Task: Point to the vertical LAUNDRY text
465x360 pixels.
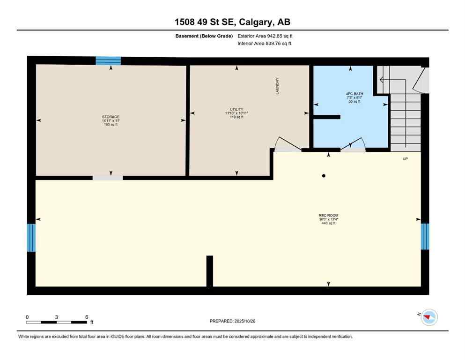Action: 277,86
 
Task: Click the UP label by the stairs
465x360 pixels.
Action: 405,159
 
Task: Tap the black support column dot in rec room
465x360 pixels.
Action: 324,176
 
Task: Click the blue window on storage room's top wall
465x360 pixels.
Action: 108,60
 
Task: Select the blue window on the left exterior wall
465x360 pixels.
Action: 31,238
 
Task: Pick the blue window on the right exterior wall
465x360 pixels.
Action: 425,236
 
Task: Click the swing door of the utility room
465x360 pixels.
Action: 287,144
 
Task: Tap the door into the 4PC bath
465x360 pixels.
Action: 353,145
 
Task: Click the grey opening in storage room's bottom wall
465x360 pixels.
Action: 107,178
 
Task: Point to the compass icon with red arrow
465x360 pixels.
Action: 429,317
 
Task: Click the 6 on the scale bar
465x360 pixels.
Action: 87,317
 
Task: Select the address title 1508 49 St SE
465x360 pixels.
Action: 232,22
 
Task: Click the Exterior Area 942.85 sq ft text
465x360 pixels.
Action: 265,36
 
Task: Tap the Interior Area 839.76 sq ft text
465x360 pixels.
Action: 264,44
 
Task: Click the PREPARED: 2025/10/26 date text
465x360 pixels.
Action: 232,321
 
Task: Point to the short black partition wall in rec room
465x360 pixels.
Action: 210,271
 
